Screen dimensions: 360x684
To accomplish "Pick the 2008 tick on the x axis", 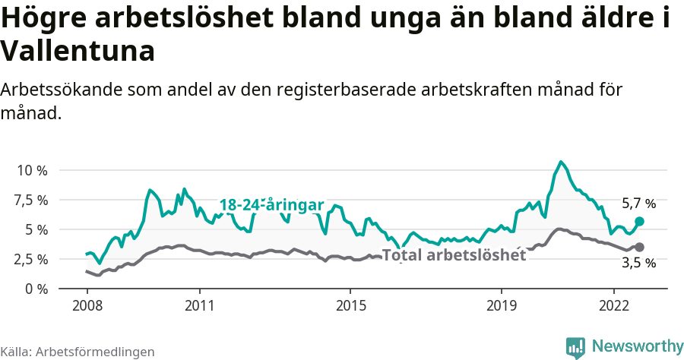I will pyautogui.click(x=87, y=305).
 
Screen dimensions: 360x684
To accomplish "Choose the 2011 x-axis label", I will pyautogui.click(x=199, y=305).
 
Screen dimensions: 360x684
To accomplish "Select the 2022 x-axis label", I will pyautogui.click(x=613, y=305).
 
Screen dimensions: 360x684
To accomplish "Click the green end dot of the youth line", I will pyautogui.click(x=639, y=221).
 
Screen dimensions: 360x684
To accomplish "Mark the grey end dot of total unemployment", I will pyautogui.click(x=639, y=247).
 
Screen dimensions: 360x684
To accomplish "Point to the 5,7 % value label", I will pyautogui.click(x=638, y=204).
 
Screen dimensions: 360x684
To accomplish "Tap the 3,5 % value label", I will pyautogui.click(x=638, y=264).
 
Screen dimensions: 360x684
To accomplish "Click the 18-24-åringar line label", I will pyautogui.click(x=271, y=205).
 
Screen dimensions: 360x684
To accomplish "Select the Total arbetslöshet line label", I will pyautogui.click(x=454, y=255).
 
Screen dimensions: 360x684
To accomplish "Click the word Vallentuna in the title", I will pyautogui.click(x=78, y=51).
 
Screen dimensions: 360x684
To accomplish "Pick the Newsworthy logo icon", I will pyautogui.click(x=575, y=347).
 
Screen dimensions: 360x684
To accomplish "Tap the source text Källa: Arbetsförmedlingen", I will pyautogui.click(x=78, y=352).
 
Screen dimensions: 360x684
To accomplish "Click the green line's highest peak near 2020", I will pyautogui.click(x=561, y=162).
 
